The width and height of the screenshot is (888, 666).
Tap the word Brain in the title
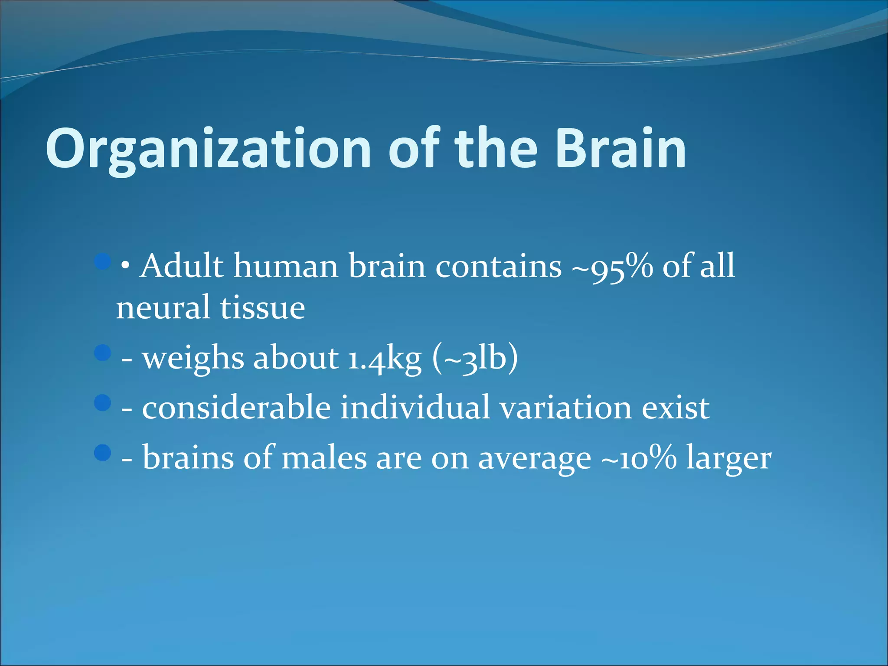pyautogui.click(x=621, y=149)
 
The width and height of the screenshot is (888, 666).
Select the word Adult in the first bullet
pyautogui.click(x=182, y=266)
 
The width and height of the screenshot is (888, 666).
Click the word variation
pyautogui.click(x=566, y=408)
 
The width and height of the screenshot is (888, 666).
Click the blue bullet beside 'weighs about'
pyautogui.click(x=103, y=353)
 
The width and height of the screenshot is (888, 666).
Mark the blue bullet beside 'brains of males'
pyautogui.click(x=103, y=452)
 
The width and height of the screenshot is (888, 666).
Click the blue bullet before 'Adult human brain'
pyautogui.click(x=103, y=261)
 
